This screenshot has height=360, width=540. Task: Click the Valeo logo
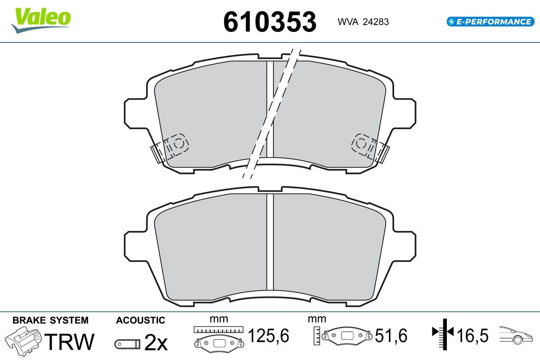[x=41, y=20]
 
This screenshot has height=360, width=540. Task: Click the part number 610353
[x=270, y=22]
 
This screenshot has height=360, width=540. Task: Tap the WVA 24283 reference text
[x=363, y=22]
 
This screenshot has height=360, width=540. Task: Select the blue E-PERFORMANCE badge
[x=490, y=22]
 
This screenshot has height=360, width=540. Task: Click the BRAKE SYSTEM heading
[x=50, y=320]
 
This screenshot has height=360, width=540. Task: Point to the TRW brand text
[x=69, y=342]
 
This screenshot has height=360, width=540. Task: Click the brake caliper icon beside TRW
[x=23, y=341]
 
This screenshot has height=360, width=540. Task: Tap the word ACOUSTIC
[x=140, y=320]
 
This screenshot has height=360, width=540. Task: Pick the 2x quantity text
[x=156, y=342]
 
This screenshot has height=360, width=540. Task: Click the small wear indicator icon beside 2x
[x=127, y=344]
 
